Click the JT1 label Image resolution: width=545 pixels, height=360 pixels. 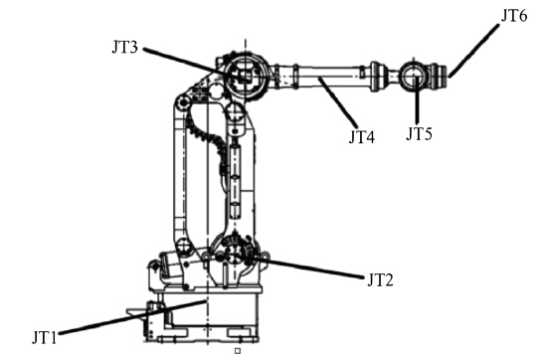(44, 337)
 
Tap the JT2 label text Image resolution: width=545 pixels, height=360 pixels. (380, 280)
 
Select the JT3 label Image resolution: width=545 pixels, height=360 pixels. (124, 47)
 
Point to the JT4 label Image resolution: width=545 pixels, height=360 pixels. (362, 137)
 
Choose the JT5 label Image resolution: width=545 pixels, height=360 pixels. (419, 134)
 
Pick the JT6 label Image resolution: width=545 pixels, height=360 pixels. (514, 16)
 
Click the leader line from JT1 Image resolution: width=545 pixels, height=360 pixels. (133, 317)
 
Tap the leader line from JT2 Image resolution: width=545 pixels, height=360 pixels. (298, 267)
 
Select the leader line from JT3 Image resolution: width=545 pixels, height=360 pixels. (196, 65)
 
